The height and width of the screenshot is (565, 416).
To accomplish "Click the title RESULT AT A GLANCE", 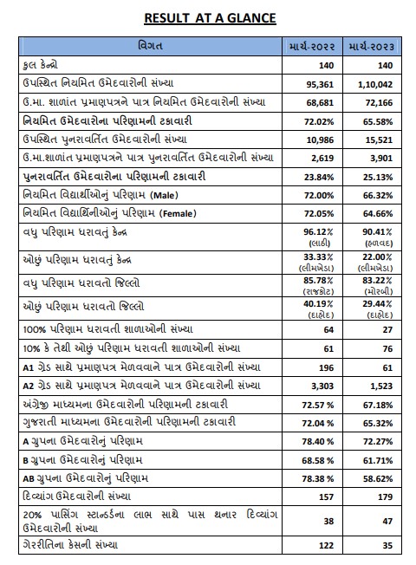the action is point(208,16).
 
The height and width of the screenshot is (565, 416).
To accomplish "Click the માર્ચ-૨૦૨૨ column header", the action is point(314,45).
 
